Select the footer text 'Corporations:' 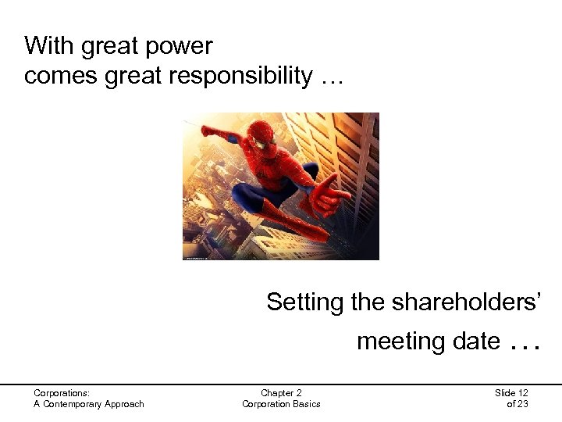(62, 392)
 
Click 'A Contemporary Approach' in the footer (89, 403)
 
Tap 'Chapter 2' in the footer (281, 392)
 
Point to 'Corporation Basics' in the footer (281, 403)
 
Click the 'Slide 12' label (511, 392)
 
